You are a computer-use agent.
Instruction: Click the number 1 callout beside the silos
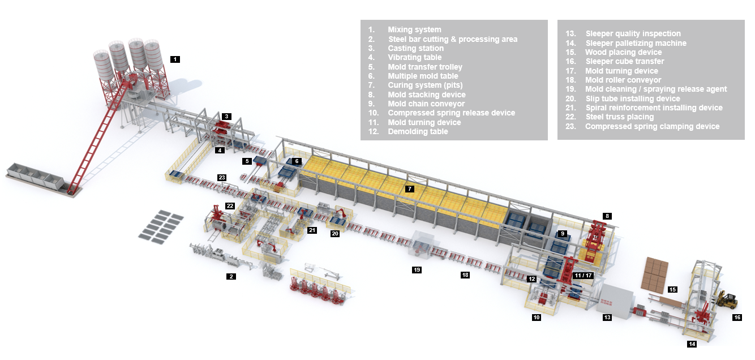(175, 59)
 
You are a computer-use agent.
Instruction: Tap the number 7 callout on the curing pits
(410, 188)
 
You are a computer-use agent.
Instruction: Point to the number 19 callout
(417, 270)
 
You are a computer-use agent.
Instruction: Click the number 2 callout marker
(230, 277)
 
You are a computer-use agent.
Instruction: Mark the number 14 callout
(692, 344)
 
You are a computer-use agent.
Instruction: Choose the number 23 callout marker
(222, 178)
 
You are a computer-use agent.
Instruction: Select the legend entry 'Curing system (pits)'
(425, 85)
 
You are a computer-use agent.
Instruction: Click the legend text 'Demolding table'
(417, 132)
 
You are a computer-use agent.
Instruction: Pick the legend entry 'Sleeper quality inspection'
(633, 34)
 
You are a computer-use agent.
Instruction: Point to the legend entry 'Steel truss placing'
(619, 117)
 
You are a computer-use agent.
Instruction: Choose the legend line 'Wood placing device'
(623, 52)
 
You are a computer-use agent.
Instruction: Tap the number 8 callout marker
(607, 216)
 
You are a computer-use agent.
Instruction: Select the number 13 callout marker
(607, 318)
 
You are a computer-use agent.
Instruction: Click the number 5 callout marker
(247, 161)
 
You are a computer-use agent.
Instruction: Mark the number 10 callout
(537, 318)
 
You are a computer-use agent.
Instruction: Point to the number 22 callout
(230, 205)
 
